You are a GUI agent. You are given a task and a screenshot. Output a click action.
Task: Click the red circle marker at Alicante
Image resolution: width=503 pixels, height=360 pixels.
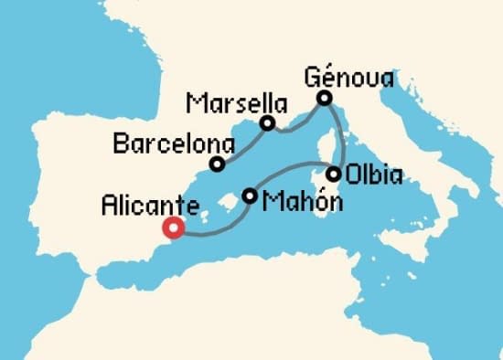pyautogui.click(x=172, y=228)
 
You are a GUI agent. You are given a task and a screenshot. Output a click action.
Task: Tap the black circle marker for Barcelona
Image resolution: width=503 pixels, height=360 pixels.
pyautogui.click(x=217, y=164)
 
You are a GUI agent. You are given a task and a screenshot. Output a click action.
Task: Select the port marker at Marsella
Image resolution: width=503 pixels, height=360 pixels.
pyautogui.click(x=267, y=123)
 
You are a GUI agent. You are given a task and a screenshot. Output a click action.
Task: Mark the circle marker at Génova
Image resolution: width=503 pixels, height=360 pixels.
pyautogui.click(x=324, y=98)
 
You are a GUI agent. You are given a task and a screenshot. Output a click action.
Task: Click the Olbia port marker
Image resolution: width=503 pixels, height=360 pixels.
pyautogui.click(x=335, y=174)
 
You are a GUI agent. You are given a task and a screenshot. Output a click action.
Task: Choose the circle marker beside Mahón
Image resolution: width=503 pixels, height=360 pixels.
pyautogui.click(x=250, y=195)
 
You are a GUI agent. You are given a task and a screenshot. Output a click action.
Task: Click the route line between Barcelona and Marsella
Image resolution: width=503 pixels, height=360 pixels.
pyautogui.click(x=242, y=143)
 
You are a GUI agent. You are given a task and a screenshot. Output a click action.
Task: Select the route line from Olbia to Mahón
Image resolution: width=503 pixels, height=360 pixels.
pyautogui.click(x=293, y=170)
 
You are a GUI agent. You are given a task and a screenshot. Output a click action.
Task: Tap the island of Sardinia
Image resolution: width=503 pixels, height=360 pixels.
pyautogui.click(x=322, y=187)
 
